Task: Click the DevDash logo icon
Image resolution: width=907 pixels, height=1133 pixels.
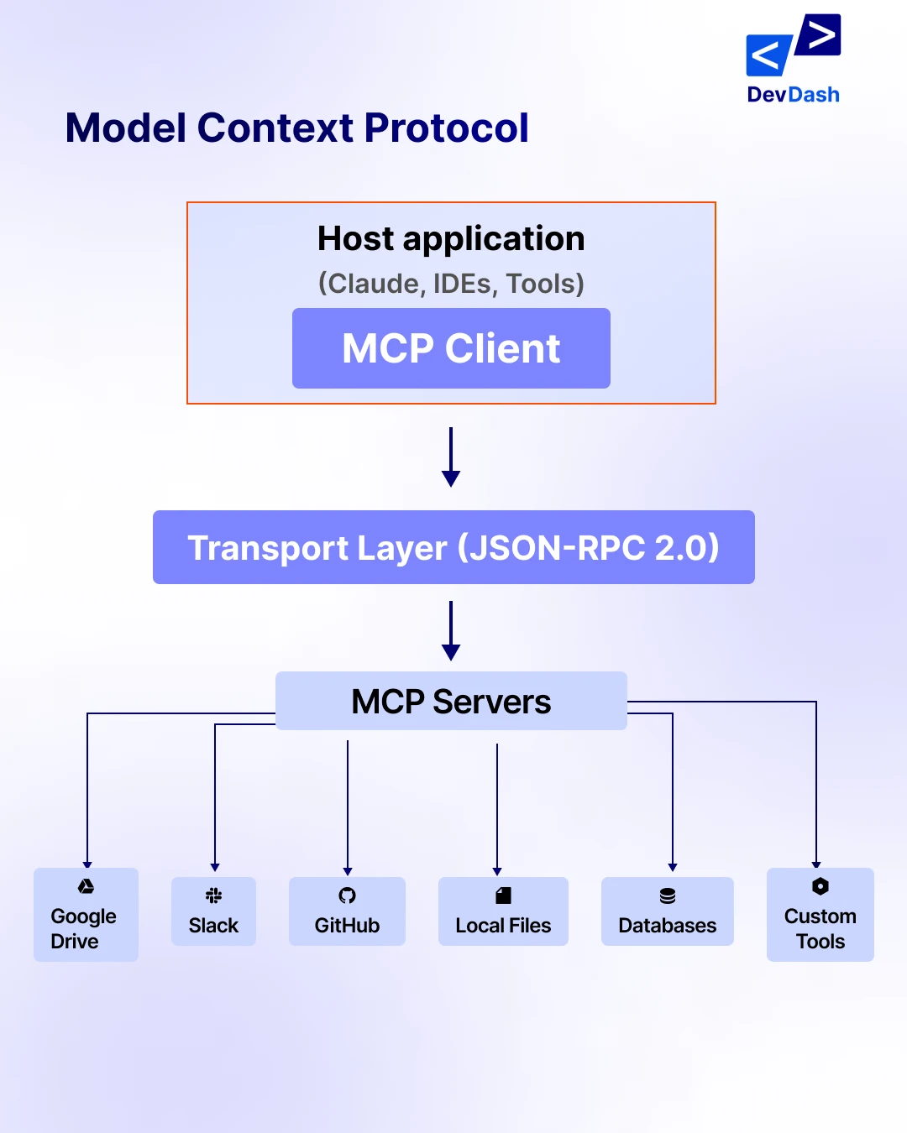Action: coord(793,46)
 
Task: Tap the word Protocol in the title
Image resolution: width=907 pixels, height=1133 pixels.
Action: coord(446,128)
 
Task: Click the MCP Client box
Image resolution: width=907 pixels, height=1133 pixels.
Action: coord(451,348)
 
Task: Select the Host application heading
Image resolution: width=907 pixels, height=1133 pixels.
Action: coord(451,239)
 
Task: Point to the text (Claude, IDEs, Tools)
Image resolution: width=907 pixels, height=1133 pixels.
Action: coord(451,284)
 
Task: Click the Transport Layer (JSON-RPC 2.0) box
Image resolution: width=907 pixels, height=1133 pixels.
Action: coord(453,547)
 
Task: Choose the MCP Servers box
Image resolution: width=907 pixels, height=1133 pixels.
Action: coord(451,701)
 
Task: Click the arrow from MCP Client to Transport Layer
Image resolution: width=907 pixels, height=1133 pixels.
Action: coord(451,457)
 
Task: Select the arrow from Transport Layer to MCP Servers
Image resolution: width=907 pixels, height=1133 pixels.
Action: coord(451,630)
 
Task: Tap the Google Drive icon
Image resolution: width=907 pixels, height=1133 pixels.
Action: coord(86,886)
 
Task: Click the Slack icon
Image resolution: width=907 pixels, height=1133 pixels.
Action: coord(213,895)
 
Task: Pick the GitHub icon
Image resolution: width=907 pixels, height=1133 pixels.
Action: coord(347,895)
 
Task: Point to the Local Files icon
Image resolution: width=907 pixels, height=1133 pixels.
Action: coord(503,895)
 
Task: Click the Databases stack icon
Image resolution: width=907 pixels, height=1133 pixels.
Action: coord(668,895)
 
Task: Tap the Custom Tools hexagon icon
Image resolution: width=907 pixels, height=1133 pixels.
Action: coord(820,886)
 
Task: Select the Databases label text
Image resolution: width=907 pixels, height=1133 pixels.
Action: coord(668,926)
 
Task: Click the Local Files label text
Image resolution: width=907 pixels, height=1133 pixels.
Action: coord(503,926)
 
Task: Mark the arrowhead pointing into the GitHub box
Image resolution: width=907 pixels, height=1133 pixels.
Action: coord(348,872)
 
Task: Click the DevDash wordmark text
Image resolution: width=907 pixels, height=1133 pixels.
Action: coord(793,95)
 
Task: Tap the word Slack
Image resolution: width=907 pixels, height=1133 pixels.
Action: coord(213,926)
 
